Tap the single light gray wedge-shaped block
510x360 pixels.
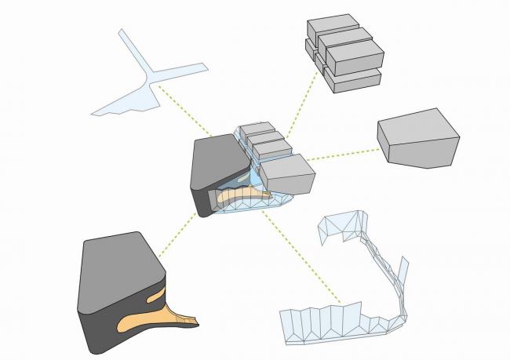(417, 141)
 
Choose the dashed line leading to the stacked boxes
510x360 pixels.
(298, 106)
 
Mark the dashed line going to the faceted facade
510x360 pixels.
(302, 259)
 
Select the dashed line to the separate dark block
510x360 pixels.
(177, 235)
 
